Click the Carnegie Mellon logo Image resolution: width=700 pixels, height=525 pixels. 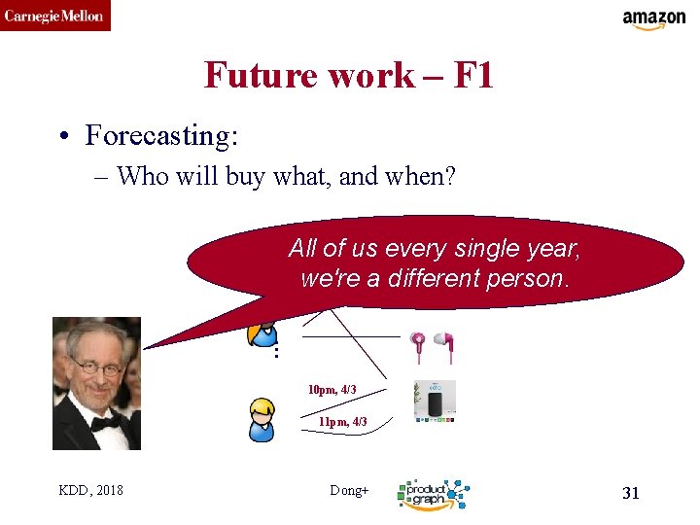tap(54, 16)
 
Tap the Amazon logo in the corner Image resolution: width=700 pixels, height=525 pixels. tap(653, 19)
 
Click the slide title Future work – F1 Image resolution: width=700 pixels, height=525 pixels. tap(348, 75)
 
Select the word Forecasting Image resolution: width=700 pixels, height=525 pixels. tap(160, 135)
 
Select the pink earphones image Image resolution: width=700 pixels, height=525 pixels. tap(433, 346)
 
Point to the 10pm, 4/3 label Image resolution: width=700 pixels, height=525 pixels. tap(332, 390)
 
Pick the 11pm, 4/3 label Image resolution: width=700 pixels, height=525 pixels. tap(342, 422)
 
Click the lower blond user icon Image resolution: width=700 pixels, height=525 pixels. tap(262, 419)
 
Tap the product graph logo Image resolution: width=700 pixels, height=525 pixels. tap(432, 494)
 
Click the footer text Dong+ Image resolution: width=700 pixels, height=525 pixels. tap(349, 491)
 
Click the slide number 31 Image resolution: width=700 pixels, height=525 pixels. tap(630, 493)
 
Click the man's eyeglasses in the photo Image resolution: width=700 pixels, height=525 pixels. tap(94, 368)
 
